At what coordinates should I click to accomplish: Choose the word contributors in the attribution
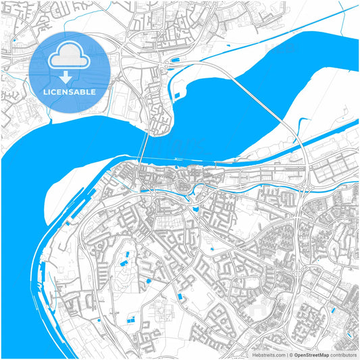tap(343, 355)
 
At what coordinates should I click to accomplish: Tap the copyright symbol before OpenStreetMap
tap(291, 355)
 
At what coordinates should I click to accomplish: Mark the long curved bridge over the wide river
tap(270, 101)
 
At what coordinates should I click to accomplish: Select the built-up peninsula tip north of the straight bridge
tap(161, 125)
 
